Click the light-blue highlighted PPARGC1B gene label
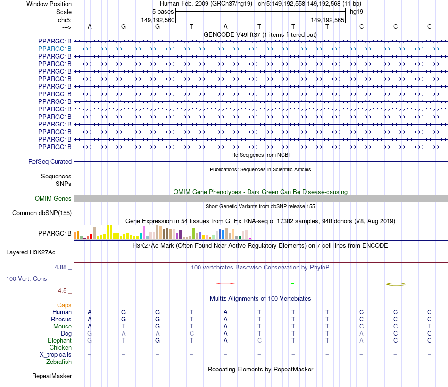coord(55,49)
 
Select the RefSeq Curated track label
coord(50,161)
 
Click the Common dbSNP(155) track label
coord(42,213)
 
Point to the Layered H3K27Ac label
coord(31,252)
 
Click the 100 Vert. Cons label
coord(26,278)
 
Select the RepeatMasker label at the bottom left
coord(52,376)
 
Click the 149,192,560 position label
coord(158,20)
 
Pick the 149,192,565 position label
coord(328,20)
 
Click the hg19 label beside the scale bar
coord(356,11)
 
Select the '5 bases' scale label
coord(163,11)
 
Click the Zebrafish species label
coord(59,362)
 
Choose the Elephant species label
coord(59,340)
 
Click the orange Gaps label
coord(64,305)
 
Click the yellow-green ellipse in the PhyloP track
coord(396,284)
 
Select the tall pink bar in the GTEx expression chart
coord(144,233)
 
